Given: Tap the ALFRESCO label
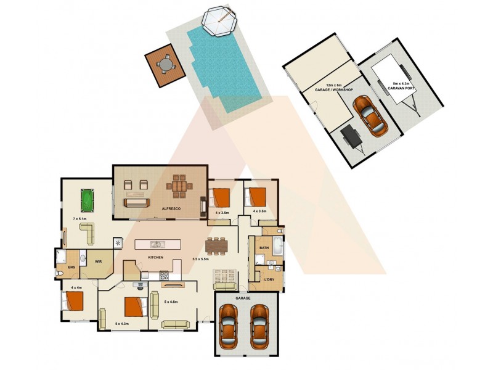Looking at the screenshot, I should (171, 210).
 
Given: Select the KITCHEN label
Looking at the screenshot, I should (155, 257).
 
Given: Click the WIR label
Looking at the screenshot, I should (97, 261).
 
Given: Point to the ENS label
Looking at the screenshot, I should (71, 267).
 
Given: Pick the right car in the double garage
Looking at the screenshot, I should (260, 327).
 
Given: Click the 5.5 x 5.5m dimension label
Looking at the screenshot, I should (201, 259).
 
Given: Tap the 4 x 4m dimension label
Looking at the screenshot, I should (76, 287).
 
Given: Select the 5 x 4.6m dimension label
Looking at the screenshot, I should (171, 302).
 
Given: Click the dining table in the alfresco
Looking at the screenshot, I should (179, 188).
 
